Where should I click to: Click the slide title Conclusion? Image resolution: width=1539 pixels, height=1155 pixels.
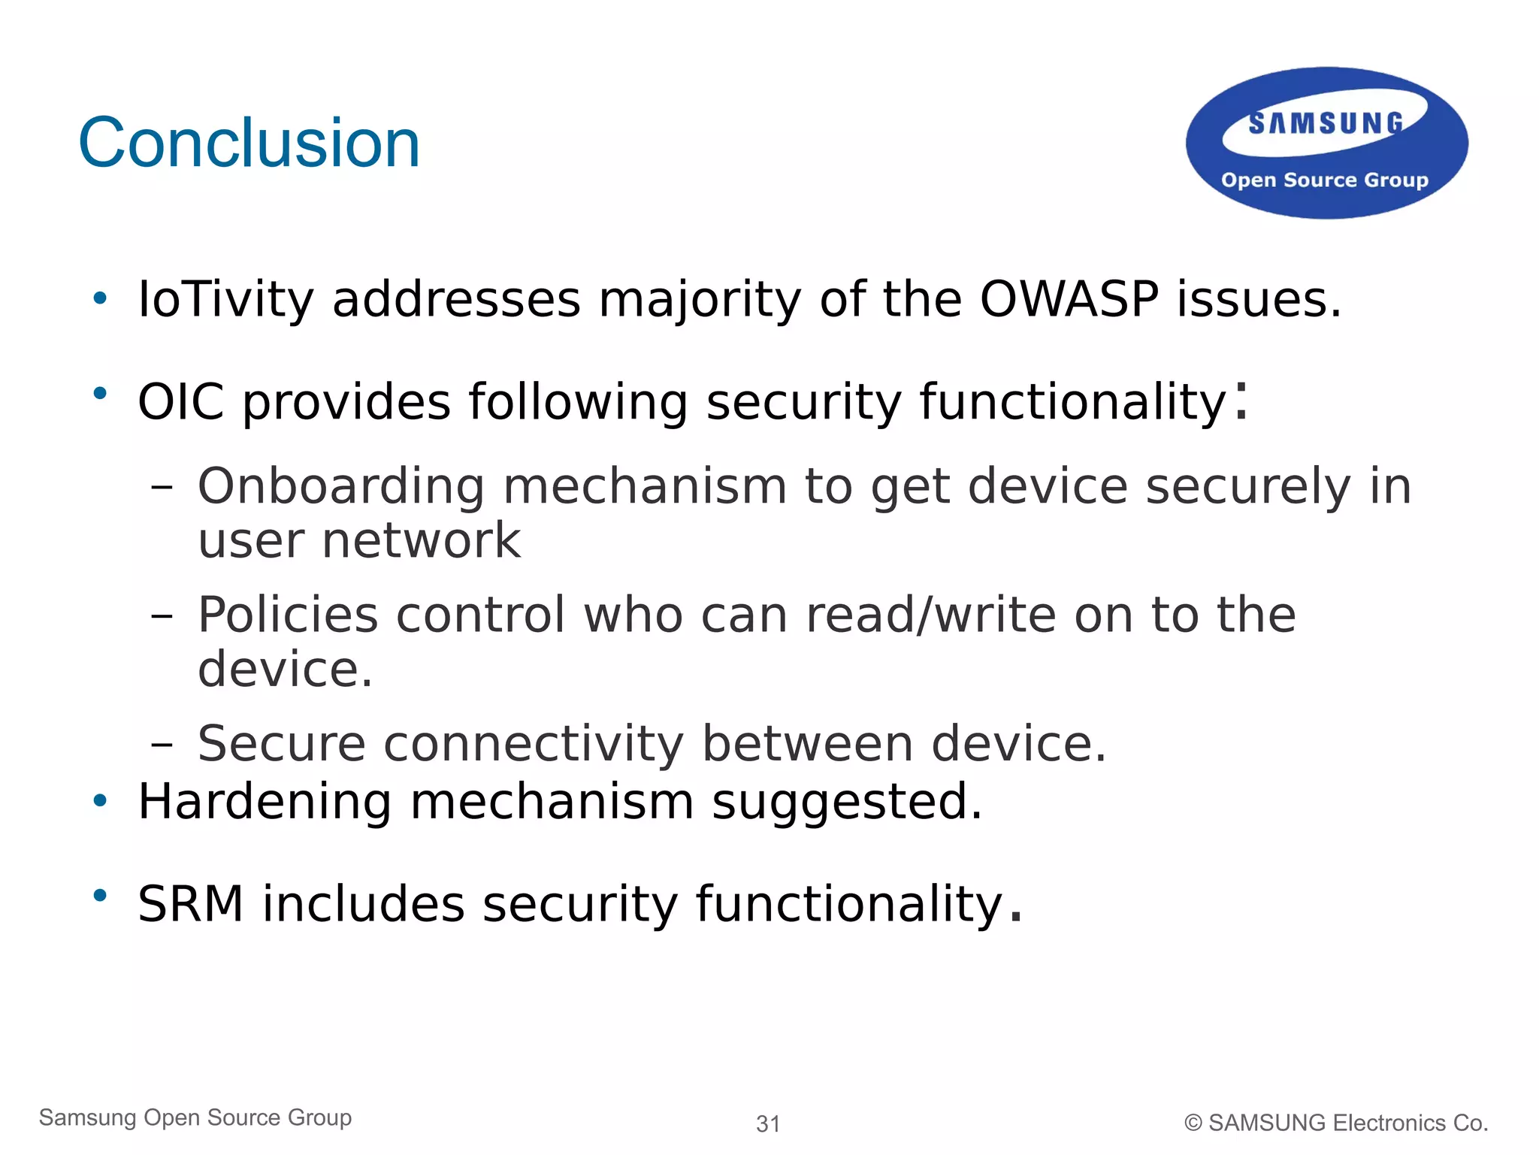(249, 143)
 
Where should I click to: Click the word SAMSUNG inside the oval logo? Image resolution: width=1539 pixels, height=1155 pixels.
(1326, 123)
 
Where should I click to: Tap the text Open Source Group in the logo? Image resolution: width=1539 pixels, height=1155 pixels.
(1324, 180)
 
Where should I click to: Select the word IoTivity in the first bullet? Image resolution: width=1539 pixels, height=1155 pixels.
(225, 299)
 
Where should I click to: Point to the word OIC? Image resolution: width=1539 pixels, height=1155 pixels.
(180, 401)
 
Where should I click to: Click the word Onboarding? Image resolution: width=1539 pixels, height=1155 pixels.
(341, 486)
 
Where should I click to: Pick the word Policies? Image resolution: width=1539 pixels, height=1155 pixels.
(288, 615)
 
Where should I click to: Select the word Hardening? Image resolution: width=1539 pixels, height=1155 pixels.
(265, 801)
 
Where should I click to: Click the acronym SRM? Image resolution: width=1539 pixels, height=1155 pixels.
(191, 903)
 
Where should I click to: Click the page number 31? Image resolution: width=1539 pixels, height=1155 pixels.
(768, 1123)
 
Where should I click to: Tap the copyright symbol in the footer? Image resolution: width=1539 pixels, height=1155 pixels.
(1193, 1123)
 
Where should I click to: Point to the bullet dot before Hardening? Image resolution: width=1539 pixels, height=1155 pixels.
(100, 801)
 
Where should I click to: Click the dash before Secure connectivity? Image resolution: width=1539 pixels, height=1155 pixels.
(162, 745)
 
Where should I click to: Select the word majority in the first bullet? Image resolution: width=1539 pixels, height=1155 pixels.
(700, 301)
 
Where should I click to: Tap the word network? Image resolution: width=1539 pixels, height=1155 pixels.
(421, 541)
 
